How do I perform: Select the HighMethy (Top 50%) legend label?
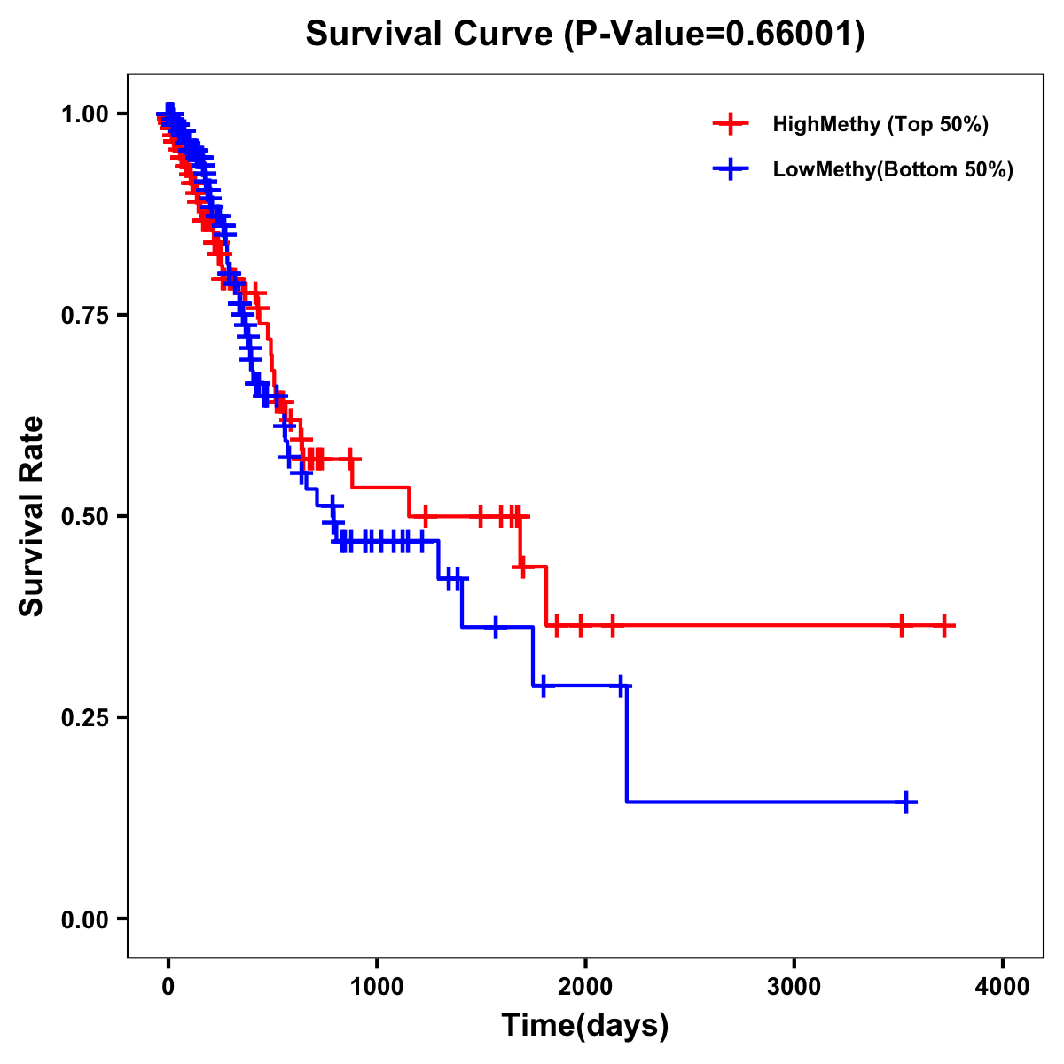(x=880, y=124)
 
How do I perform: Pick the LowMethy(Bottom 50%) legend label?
(x=893, y=169)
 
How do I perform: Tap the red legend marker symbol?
(x=731, y=124)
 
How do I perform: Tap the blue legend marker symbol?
(x=731, y=169)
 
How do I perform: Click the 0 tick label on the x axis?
(x=168, y=987)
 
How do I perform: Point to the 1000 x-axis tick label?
(x=377, y=987)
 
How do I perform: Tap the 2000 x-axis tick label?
(x=585, y=987)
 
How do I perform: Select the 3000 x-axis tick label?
(x=794, y=987)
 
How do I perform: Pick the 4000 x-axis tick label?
(x=1003, y=987)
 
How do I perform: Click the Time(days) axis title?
(x=585, y=1026)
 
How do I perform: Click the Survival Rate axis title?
(x=32, y=516)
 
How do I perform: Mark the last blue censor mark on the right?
(x=906, y=802)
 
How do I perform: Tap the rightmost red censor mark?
(x=944, y=626)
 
